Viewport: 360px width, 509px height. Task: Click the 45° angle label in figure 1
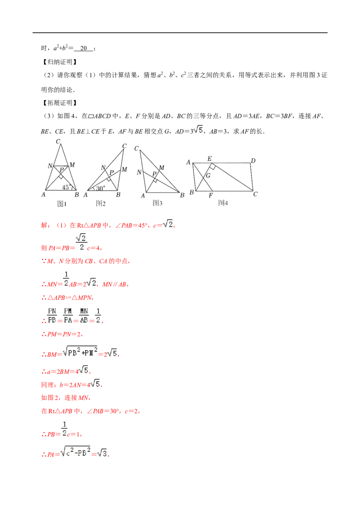click(x=66, y=187)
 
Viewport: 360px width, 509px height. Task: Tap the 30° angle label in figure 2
click(x=100, y=188)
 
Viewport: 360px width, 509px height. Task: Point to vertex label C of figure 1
click(x=58, y=141)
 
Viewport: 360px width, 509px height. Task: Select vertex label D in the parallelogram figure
click(x=253, y=161)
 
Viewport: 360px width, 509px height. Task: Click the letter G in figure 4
click(x=208, y=175)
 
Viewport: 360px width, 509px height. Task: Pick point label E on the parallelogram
click(x=210, y=158)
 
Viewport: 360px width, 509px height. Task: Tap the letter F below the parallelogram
click(x=211, y=196)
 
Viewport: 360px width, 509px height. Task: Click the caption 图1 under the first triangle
click(x=62, y=204)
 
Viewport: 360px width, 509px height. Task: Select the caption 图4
click(x=223, y=203)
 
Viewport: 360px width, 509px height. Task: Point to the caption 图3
click(x=157, y=203)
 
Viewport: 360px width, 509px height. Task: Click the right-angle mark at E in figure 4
click(x=212, y=166)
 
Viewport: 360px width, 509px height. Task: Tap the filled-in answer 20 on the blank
click(x=84, y=48)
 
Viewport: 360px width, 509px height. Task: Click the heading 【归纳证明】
click(x=59, y=62)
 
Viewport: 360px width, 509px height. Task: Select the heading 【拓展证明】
click(x=59, y=103)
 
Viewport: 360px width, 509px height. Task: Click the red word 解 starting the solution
click(x=44, y=225)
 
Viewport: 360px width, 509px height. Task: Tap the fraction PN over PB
click(x=52, y=316)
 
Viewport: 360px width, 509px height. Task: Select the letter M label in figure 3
click(x=162, y=168)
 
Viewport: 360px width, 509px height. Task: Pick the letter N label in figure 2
click(x=103, y=168)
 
